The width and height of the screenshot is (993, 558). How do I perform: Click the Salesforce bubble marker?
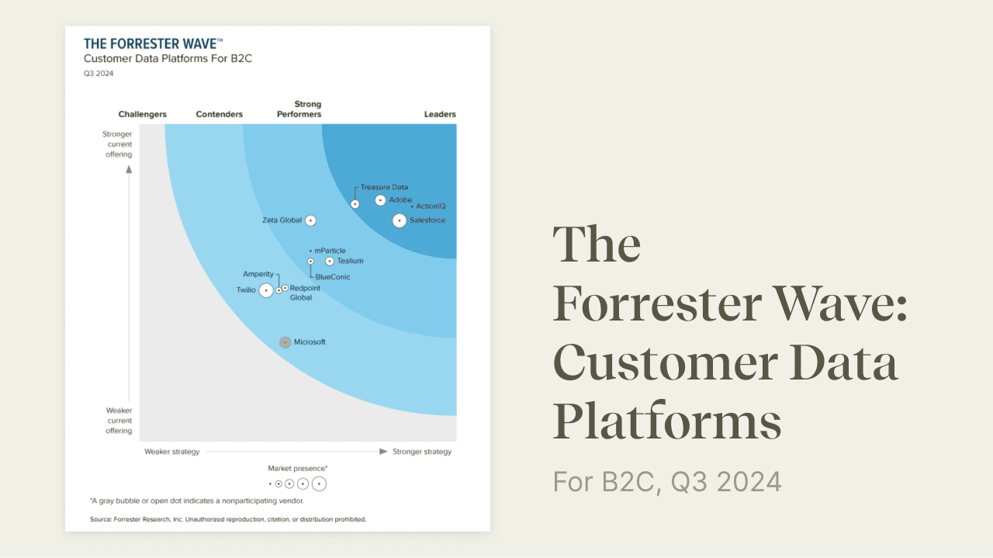tap(399, 220)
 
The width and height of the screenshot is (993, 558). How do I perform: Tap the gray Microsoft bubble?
tap(285, 342)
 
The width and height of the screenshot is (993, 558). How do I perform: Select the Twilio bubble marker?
tap(266, 290)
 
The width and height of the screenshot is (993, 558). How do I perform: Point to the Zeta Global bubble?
tap(310, 220)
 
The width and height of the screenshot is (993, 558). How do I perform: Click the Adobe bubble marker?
tap(380, 200)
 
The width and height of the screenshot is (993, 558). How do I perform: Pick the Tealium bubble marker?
tap(330, 262)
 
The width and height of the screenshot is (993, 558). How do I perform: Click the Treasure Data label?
tap(384, 187)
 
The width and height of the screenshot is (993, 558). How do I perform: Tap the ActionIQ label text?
tap(431, 206)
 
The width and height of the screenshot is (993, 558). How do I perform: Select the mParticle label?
tap(330, 251)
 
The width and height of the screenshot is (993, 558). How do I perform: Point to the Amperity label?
tap(258, 274)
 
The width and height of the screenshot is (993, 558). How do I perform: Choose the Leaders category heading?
tap(440, 114)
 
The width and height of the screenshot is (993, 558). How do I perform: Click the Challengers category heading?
tap(142, 114)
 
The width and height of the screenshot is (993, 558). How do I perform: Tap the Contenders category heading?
tap(220, 114)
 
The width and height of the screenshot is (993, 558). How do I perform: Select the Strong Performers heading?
tap(299, 109)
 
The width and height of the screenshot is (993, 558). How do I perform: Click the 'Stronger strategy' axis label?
tap(422, 452)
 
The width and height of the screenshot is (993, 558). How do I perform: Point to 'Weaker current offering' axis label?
tap(119, 421)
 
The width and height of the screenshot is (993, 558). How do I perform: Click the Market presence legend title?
tap(298, 469)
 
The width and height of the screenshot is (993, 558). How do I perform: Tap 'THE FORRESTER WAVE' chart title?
tap(153, 44)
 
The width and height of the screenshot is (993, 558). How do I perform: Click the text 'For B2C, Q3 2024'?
tap(667, 482)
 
